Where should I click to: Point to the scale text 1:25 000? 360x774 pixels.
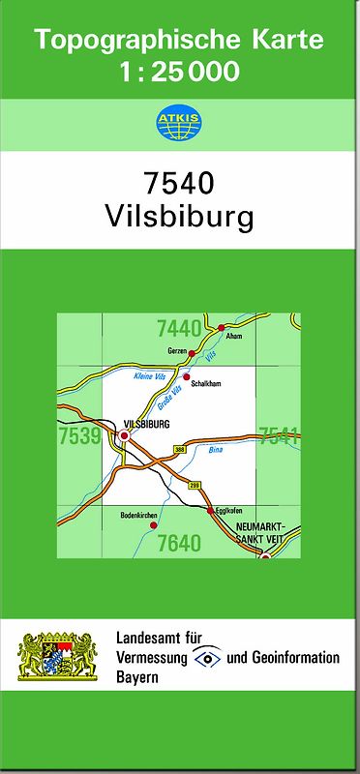[x=179, y=72]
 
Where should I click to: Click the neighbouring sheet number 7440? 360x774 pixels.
[x=178, y=328]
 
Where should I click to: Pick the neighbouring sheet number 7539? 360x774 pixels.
[x=79, y=436]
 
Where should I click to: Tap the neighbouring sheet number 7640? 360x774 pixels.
[x=179, y=543]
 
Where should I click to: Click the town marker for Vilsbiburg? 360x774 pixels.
[x=123, y=437]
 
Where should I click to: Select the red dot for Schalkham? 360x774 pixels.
[x=187, y=376]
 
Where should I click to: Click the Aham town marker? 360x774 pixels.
[x=222, y=328]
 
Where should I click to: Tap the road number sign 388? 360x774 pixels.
[x=179, y=450]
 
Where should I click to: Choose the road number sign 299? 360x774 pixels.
[x=194, y=484]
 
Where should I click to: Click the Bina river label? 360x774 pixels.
[x=215, y=451]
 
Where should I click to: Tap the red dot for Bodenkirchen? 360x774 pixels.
[x=153, y=525]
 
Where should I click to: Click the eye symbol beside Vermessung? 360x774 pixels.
[x=207, y=657]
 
